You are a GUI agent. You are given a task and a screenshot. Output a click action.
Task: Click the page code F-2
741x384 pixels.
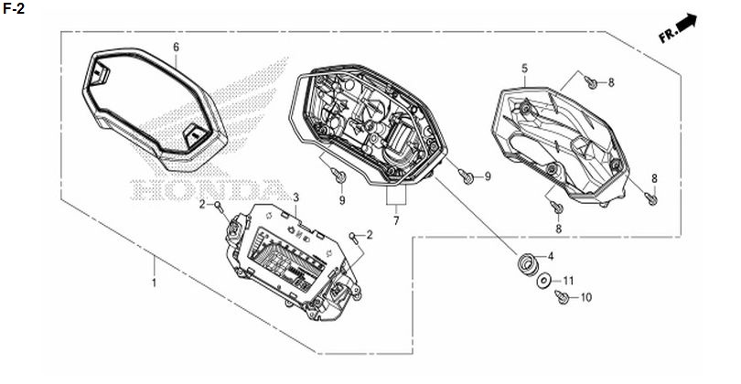[x=14, y=8]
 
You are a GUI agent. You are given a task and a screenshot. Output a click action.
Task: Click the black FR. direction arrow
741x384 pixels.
[x=688, y=22]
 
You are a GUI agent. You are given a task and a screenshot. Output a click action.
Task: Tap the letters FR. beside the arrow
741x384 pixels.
[x=668, y=35]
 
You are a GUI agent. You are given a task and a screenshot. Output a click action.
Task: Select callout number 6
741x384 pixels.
[x=177, y=47]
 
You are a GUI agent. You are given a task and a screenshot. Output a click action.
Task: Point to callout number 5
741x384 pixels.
[x=524, y=69]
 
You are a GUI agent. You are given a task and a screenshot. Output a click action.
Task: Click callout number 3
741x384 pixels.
[x=295, y=197]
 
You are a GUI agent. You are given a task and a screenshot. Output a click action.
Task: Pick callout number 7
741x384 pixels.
[x=396, y=220]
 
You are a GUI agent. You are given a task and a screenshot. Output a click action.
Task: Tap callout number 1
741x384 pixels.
[x=154, y=283]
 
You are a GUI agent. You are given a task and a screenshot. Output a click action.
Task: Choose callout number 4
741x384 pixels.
[x=551, y=257]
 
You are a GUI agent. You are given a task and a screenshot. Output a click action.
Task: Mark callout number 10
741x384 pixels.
[x=585, y=297]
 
